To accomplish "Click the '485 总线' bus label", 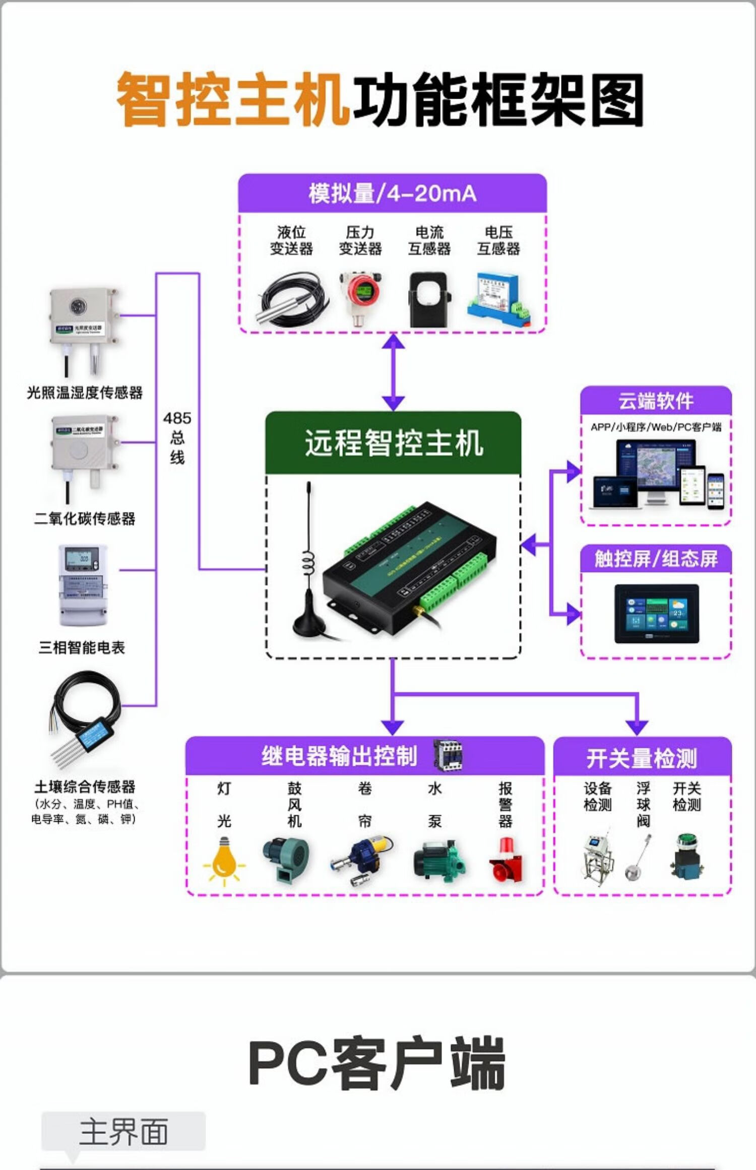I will click(177, 437).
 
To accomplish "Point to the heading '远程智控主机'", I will click(394, 443).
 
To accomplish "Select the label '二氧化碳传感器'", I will click(85, 518).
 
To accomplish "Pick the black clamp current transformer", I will click(428, 300).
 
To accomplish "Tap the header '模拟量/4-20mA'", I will click(392, 193).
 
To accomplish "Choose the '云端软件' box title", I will click(656, 401).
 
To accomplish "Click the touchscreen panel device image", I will click(656, 614).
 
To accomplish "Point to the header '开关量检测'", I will click(642, 758).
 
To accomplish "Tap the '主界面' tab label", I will click(123, 1132).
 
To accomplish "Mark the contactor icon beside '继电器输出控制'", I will click(448, 755).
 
